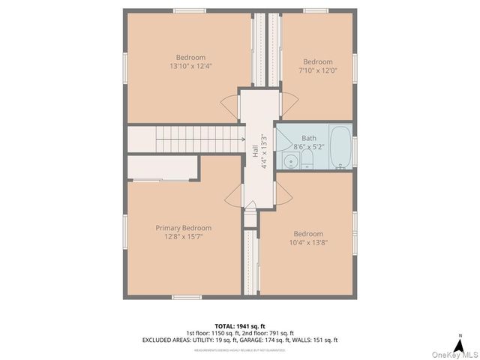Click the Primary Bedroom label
[x=183, y=228]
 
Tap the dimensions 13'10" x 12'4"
[x=190, y=66]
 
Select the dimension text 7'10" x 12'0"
[x=317, y=70]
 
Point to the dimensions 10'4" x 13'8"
[x=308, y=242]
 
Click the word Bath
[x=309, y=138]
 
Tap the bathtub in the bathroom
[x=340, y=148]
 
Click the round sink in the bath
[x=289, y=160]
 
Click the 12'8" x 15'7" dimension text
[x=183, y=236]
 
